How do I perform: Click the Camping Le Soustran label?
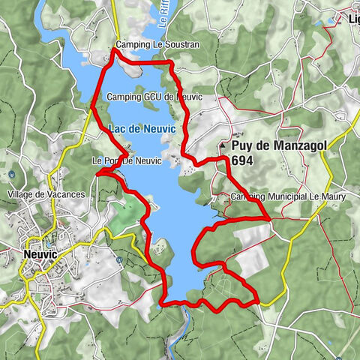[x=158, y=45]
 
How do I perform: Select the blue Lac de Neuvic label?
[x=142, y=129]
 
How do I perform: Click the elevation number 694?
[x=243, y=160]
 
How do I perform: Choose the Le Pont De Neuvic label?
[x=126, y=161]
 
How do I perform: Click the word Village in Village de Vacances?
[x=22, y=194]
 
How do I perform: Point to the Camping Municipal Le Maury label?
[x=282, y=196]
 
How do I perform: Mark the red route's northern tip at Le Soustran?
[x=114, y=49]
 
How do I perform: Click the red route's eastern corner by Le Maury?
[x=269, y=218]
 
